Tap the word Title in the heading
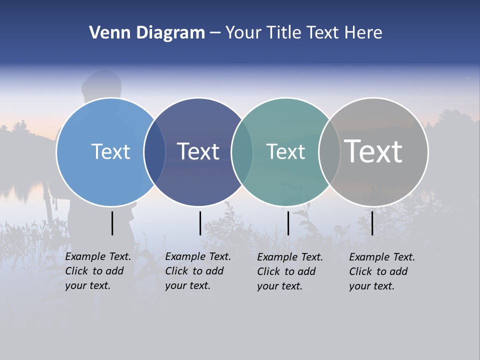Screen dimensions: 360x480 [x=284, y=33]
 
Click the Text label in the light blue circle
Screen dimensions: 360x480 [x=110, y=151]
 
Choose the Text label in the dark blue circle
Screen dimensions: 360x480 [x=198, y=151]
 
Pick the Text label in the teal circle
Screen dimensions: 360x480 [x=285, y=151]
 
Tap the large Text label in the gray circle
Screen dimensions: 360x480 [x=373, y=151]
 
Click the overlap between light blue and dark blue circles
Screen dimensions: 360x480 [x=154, y=151]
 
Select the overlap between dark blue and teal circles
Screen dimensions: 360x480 [x=242, y=151]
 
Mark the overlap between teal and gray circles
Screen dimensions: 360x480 [x=329, y=151]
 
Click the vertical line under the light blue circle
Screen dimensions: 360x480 [x=112, y=223]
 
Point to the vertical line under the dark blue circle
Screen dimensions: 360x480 [x=200, y=223]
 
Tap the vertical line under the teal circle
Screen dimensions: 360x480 [x=288, y=223]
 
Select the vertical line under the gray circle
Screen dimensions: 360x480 [x=372, y=223]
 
